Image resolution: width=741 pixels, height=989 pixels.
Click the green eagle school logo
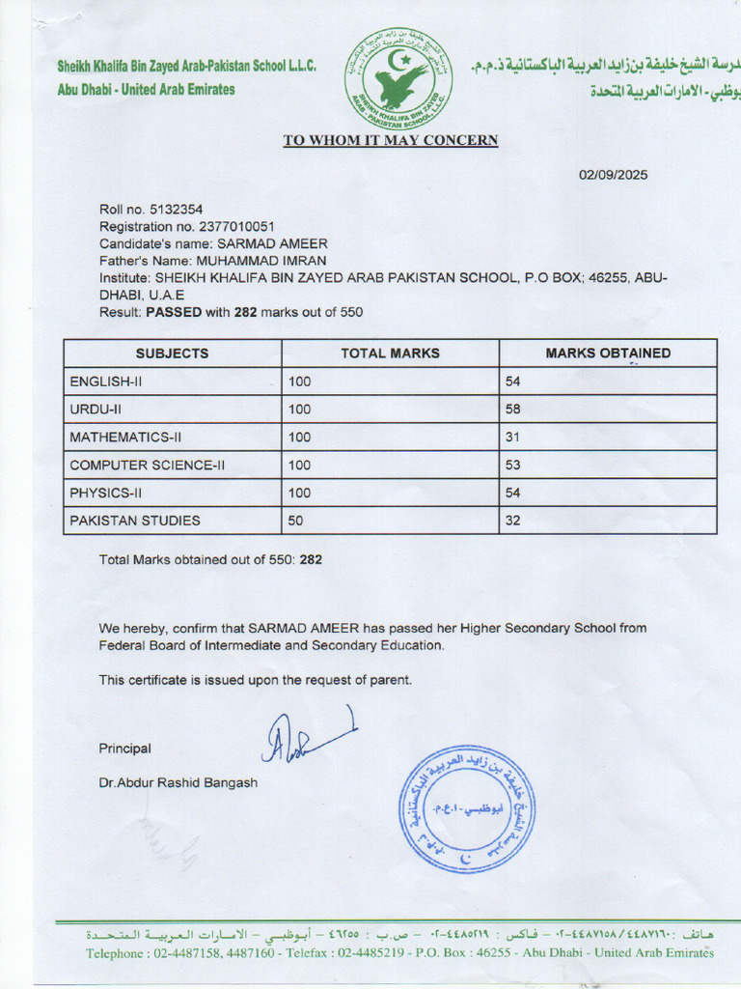(398, 78)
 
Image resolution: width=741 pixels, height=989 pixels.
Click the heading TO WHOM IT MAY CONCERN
(390, 140)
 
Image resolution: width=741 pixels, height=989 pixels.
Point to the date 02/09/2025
(613, 175)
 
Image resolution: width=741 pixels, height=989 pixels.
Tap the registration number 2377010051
(236, 227)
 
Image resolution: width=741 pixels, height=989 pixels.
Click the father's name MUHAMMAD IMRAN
(261, 261)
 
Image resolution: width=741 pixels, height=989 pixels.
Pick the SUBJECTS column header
(172, 353)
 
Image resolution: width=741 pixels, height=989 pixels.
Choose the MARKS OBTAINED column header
(608, 353)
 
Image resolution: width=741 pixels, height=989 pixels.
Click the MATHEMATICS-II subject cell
(125, 438)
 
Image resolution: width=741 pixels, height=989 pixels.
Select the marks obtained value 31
(513, 438)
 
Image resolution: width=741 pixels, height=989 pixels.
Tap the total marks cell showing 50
(296, 521)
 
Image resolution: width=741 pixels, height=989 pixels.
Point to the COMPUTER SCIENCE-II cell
(148, 466)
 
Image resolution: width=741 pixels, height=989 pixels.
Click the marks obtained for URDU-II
(513, 410)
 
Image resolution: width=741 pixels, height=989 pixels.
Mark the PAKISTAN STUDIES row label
(135, 521)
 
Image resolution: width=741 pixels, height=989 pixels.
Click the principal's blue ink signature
(304, 736)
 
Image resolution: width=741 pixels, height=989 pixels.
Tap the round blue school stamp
(467, 809)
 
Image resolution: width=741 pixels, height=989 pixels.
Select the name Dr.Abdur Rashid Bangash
(178, 782)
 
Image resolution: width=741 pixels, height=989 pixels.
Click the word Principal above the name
(124, 749)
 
